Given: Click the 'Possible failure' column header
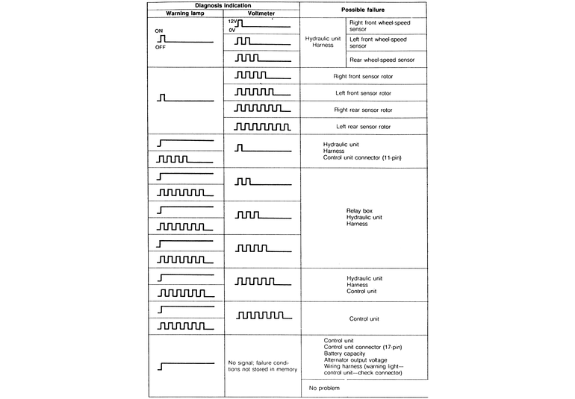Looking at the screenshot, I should point(363,10).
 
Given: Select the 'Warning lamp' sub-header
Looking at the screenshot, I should point(185,13).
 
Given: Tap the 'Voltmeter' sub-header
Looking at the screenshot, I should point(261,13).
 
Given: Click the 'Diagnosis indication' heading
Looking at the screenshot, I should point(224,5).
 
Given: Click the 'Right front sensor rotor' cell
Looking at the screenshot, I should point(364,76).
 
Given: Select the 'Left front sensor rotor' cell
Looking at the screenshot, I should point(364,93).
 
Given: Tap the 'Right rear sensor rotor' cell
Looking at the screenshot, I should point(364,110).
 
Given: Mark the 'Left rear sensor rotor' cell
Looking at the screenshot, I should point(364,127).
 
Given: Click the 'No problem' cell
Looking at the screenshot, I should point(324,389).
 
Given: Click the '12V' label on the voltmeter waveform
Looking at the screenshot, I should point(231,22).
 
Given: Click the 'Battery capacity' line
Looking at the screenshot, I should point(346,354).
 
